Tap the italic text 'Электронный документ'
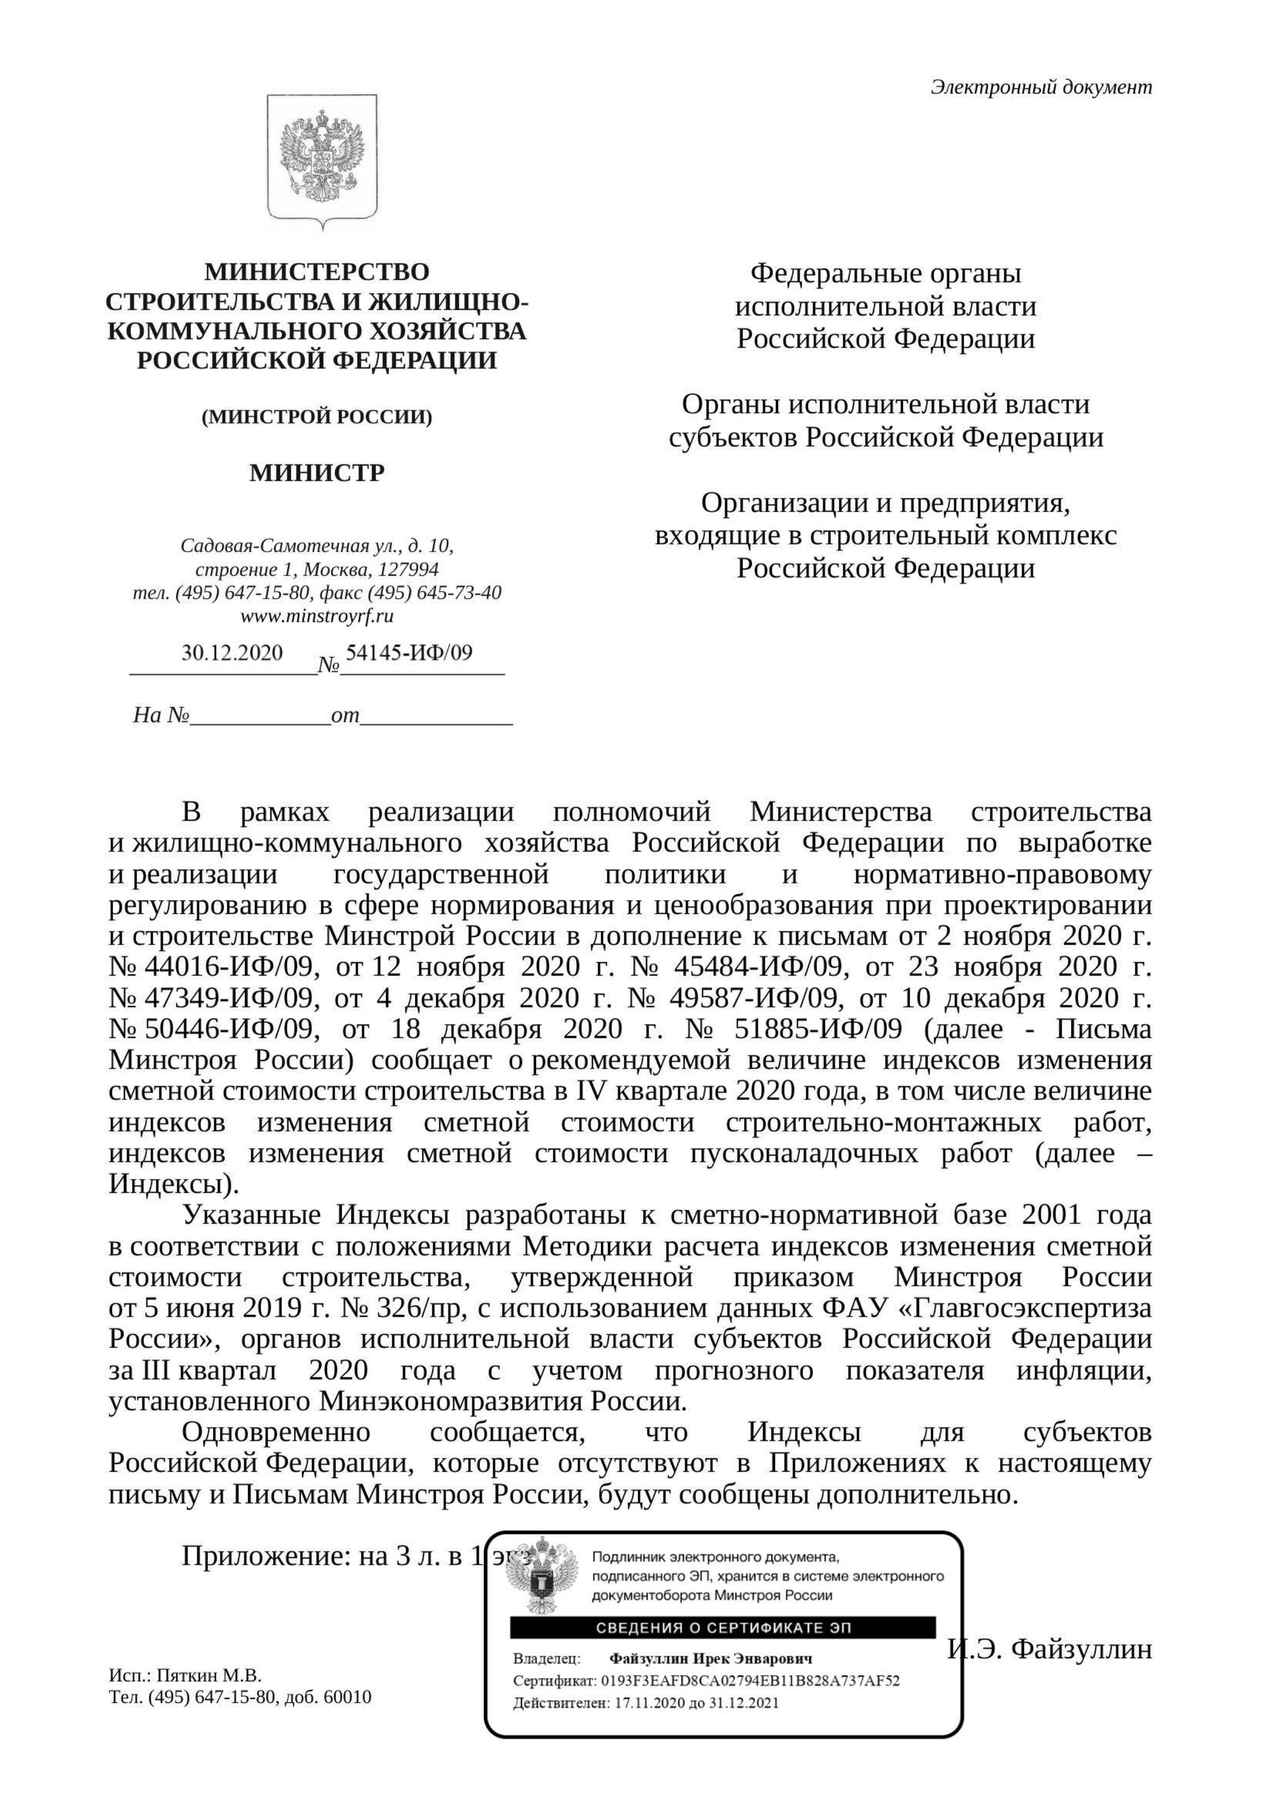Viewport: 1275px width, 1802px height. tap(1041, 87)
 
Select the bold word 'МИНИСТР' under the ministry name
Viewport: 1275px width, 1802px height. tap(317, 473)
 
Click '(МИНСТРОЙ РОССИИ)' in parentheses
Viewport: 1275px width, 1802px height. tap(317, 417)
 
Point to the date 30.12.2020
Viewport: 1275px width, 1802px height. tap(232, 652)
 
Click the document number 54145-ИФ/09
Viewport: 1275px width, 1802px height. tap(409, 652)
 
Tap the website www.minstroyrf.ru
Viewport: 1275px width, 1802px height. tap(317, 616)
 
